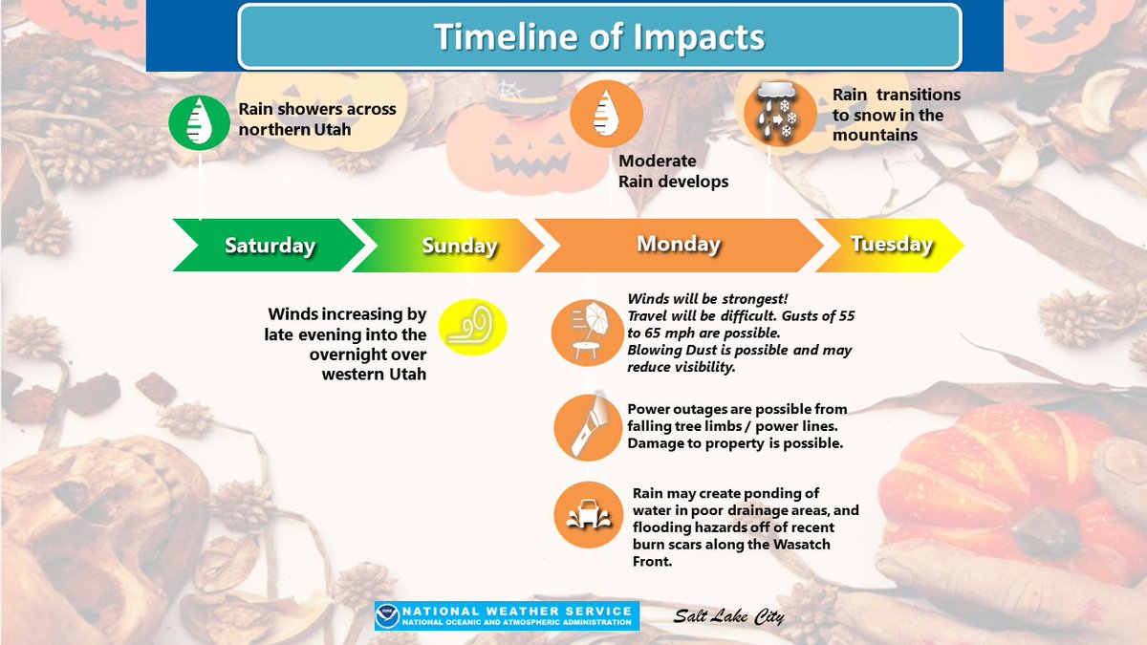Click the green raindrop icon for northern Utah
[x=199, y=120]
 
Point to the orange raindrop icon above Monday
[x=600, y=111]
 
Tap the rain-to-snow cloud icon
[x=774, y=113]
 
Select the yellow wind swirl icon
[x=471, y=328]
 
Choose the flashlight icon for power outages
[x=584, y=427]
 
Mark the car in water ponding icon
[x=584, y=514]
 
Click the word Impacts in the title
[x=703, y=37]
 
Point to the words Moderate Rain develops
[x=672, y=171]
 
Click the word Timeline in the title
[x=512, y=37]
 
